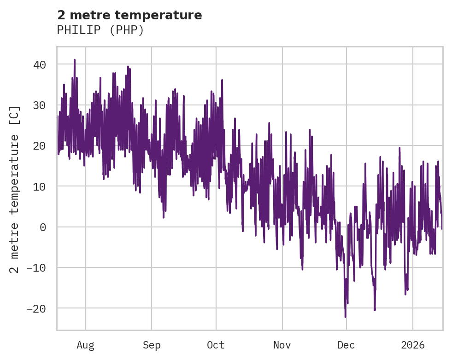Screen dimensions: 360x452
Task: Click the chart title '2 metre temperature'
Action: (x=129, y=15)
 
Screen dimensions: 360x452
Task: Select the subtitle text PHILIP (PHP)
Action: (x=100, y=30)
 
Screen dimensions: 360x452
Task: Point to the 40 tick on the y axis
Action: (x=40, y=64)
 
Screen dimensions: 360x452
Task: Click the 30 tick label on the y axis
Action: (x=40, y=105)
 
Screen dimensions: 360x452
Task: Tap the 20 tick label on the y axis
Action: (x=40, y=146)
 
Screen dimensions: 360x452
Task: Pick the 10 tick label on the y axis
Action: (x=40, y=186)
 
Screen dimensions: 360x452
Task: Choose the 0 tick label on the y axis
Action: (x=43, y=227)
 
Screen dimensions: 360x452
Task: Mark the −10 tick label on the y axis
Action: (x=36, y=267)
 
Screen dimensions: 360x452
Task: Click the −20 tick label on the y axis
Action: (x=36, y=308)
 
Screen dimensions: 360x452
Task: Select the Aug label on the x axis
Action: (x=85, y=345)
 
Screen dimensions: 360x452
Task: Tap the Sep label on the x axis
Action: (x=152, y=345)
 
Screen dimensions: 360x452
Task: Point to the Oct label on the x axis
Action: (x=216, y=345)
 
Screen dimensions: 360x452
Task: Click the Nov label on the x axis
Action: (x=282, y=345)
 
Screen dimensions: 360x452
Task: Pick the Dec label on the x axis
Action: (x=346, y=345)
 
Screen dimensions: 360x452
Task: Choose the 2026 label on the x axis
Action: (x=412, y=345)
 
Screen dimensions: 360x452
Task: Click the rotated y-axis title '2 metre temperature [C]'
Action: (x=15, y=189)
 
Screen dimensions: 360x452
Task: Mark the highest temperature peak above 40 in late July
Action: (x=74, y=60)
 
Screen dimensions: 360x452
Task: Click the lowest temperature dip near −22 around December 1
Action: (x=345, y=317)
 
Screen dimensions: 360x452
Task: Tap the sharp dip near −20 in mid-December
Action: (x=375, y=310)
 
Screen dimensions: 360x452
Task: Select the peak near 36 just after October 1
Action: (x=222, y=80)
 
